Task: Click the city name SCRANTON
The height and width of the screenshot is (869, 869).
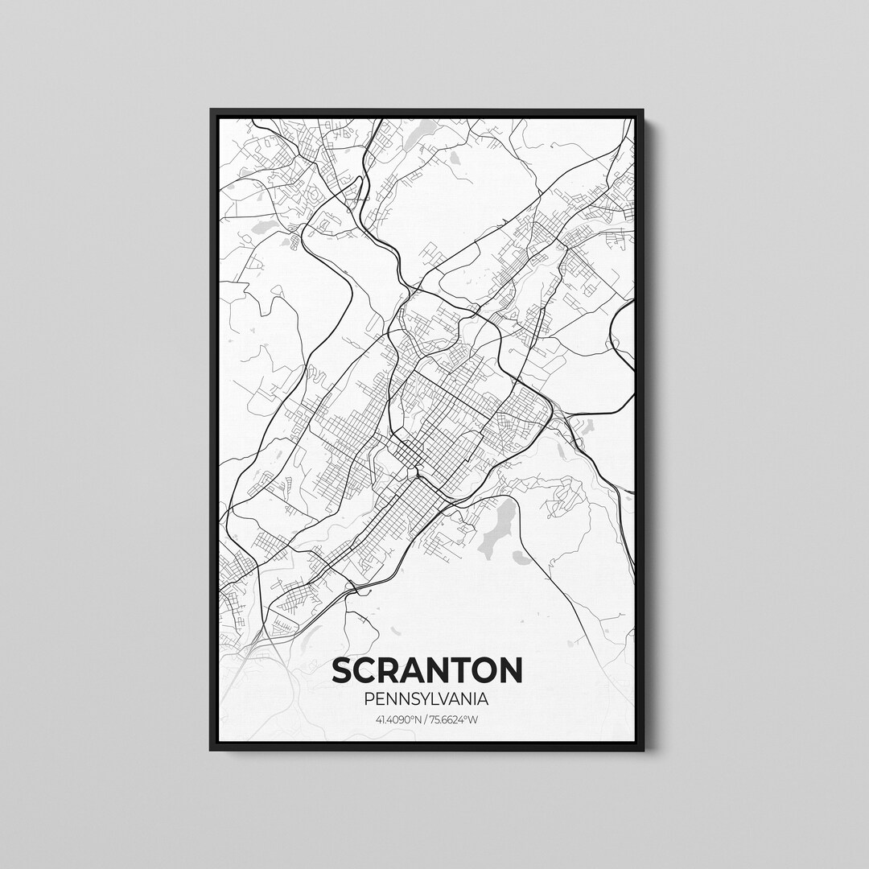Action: tap(426, 670)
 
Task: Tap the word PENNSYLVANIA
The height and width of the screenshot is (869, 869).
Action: tap(426, 700)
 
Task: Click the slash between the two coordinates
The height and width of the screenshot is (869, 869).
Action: tap(426, 719)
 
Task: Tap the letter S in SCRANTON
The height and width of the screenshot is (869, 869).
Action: tap(343, 670)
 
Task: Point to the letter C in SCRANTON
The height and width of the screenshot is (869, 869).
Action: tap(368, 670)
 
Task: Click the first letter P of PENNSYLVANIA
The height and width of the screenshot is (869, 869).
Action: tap(369, 700)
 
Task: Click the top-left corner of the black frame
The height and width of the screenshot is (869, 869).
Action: tap(212, 110)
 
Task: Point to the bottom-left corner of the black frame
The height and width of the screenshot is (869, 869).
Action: tap(212, 750)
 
